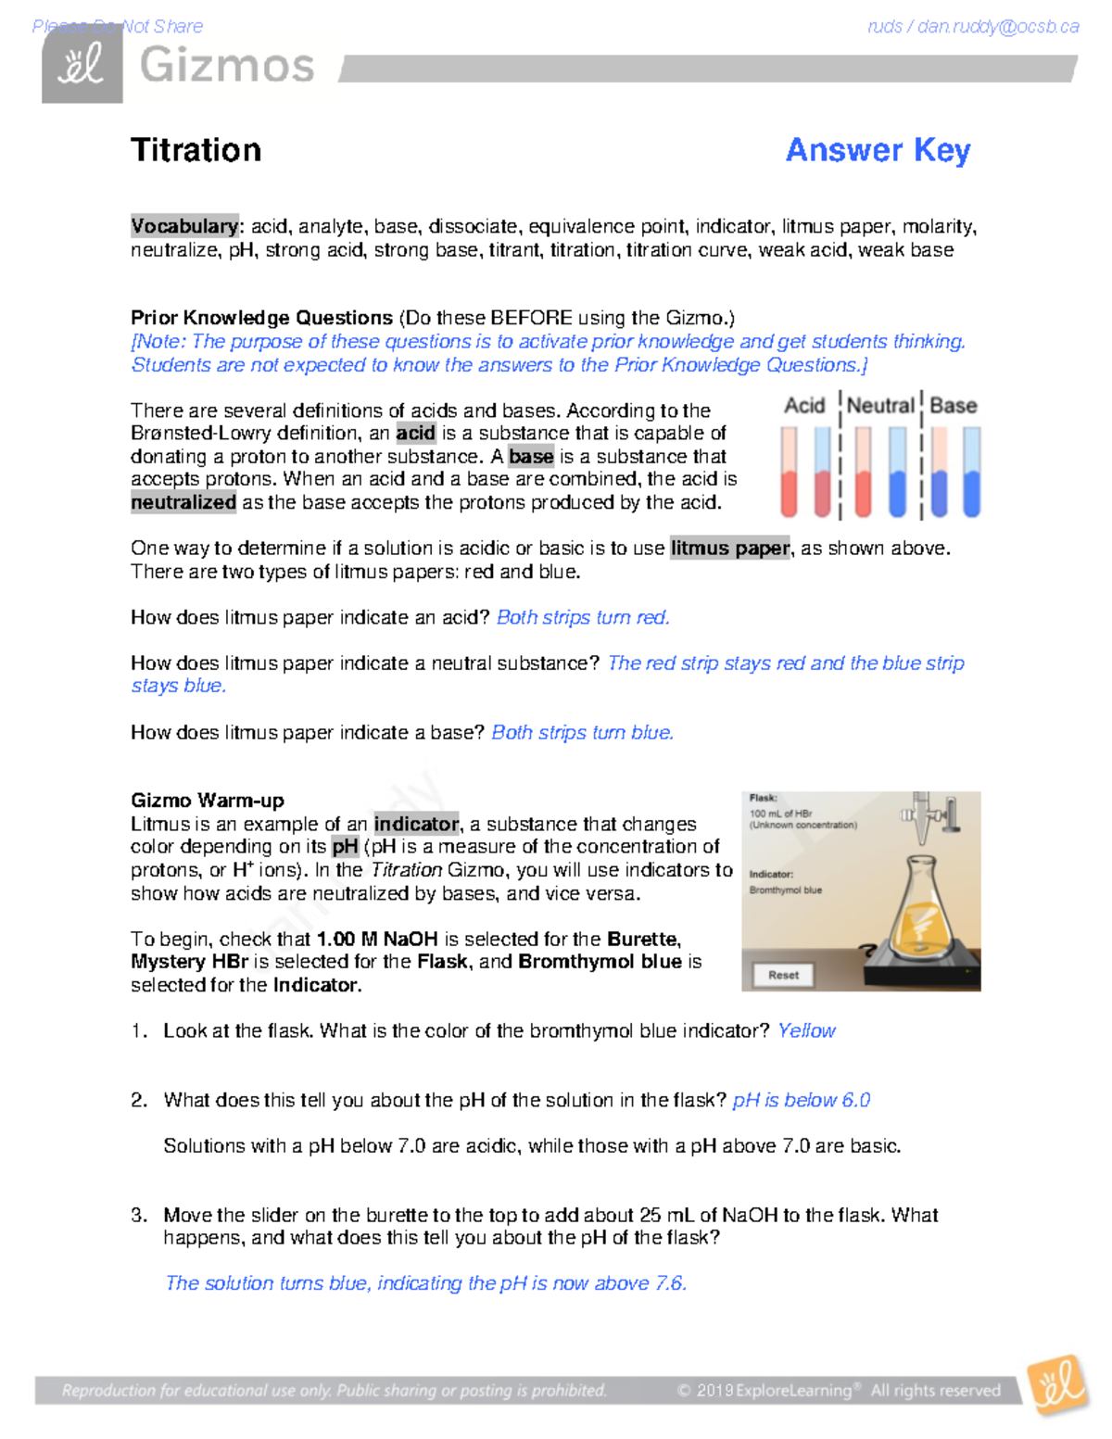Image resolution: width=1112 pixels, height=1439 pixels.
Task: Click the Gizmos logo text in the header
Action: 227,67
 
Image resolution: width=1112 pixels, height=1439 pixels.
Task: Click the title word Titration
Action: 196,150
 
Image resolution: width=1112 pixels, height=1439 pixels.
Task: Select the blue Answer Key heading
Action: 878,150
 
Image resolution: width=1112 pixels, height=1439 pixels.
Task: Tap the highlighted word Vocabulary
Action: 183,226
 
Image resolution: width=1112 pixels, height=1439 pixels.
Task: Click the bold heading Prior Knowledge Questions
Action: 261,318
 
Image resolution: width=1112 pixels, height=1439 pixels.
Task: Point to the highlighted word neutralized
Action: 183,502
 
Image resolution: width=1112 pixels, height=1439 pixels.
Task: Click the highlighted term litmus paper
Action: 730,549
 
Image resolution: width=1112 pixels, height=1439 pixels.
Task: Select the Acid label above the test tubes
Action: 803,406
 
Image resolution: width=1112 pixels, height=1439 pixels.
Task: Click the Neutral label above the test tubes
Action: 879,406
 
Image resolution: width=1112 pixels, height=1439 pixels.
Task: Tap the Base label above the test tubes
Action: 953,406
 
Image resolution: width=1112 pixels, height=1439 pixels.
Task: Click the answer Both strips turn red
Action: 583,618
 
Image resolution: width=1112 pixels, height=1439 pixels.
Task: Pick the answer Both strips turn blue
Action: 582,733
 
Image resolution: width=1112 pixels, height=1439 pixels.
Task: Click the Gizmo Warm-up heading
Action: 208,801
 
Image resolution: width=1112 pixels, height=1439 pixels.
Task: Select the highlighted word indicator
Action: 416,824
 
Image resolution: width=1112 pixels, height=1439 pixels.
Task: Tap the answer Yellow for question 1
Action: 806,1031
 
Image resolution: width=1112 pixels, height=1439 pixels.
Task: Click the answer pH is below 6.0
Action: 801,1100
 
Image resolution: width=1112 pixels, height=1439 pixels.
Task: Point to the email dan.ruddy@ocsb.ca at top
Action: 997,27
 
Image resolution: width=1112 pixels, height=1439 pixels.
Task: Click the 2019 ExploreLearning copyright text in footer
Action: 839,1390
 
